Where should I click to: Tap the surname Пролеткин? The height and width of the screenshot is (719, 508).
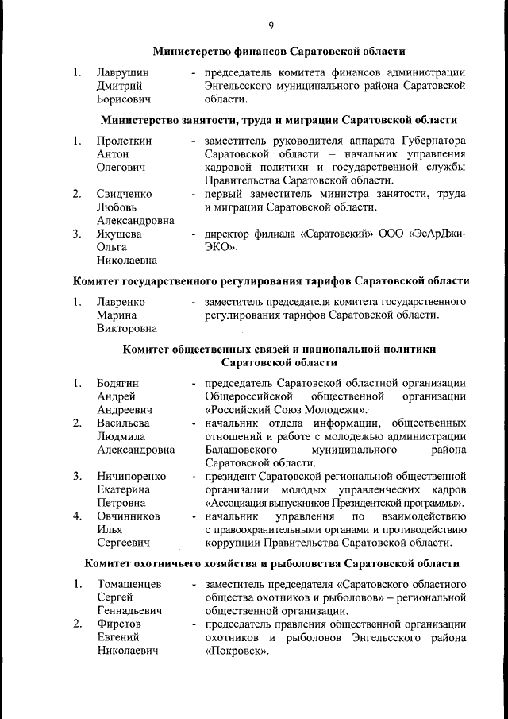click(125, 141)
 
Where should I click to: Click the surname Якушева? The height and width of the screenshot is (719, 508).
click(120, 234)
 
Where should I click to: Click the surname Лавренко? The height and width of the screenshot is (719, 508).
click(121, 303)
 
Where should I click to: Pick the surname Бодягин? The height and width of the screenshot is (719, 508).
click(120, 385)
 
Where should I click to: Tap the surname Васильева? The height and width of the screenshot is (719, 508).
click(123, 423)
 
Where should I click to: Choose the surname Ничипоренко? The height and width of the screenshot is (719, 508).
click(131, 477)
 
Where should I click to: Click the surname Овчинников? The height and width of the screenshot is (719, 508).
click(129, 516)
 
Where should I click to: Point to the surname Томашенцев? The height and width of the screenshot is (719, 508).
click(129, 585)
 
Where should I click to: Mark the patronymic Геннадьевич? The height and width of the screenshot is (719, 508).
click(129, 611)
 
